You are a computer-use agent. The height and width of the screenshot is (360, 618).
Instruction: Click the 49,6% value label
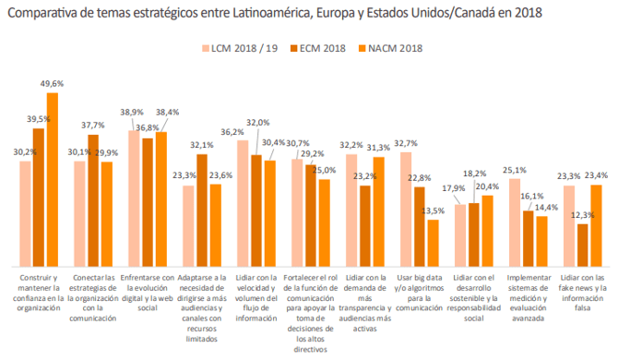[52, 83]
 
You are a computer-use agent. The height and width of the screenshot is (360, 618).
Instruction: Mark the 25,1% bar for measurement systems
[515, 222]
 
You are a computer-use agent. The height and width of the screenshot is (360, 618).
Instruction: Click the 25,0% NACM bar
[324, 222]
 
